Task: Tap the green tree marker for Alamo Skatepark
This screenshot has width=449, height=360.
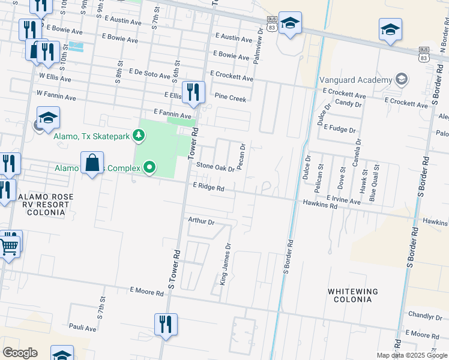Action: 139,136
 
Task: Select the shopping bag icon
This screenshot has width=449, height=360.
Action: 92,162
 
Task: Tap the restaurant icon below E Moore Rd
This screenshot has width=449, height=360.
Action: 165,324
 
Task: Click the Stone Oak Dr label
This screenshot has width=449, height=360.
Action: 215,168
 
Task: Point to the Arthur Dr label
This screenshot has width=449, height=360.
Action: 201,221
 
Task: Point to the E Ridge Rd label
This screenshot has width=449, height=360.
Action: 208,187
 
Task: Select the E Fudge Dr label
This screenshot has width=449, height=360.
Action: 339,128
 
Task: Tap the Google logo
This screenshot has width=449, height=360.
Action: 20,353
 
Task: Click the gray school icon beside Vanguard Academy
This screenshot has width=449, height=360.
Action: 401,79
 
